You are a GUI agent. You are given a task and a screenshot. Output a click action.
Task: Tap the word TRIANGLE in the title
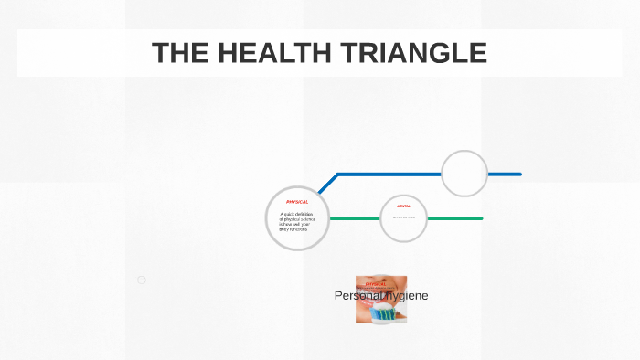pos(413,53)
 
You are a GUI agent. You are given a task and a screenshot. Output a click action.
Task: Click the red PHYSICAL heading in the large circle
pos(297,201)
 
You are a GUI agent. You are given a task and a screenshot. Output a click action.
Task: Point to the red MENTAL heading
pos(403,206)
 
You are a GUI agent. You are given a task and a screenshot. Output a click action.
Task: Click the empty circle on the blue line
pos(464,174)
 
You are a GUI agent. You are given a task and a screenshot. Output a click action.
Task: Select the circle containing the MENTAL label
pos(403,219)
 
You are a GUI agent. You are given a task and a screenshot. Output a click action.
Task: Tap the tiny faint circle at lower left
pos(142,280)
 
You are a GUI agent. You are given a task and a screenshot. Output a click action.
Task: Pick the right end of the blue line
pos(518,174)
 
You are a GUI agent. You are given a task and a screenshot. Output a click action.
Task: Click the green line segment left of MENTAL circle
pos(354,218)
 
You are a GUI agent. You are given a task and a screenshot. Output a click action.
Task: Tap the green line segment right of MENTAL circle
pos(454,218)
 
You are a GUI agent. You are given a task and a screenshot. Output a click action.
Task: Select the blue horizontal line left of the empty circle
pos(389,174)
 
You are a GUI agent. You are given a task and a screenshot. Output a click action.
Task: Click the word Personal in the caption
pos(357,296)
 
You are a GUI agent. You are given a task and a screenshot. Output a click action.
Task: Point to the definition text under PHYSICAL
pos(295,221)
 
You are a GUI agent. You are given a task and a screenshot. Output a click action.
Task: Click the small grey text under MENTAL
pos(403,217)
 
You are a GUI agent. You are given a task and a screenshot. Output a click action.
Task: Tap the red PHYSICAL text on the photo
pos(376,284)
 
